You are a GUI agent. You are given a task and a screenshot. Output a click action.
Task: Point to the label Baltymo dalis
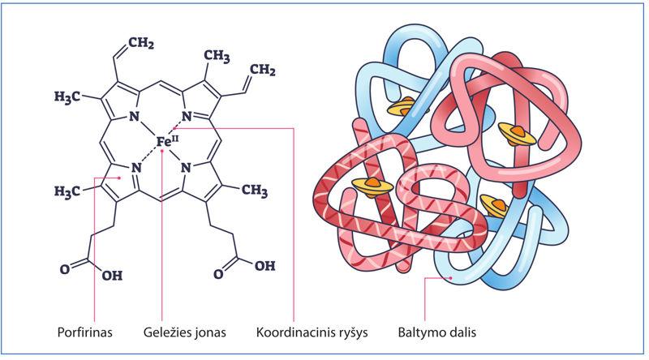point(438,332)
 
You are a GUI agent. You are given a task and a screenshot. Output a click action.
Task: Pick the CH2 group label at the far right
point(261,72)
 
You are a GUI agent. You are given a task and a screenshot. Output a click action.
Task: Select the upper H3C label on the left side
point(70,98)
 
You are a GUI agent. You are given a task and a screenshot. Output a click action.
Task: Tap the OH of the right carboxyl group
point(264,265)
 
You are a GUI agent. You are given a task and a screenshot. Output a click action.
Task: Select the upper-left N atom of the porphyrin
point(135,118)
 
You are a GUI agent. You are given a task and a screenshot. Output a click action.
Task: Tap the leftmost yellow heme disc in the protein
point(372,186)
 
